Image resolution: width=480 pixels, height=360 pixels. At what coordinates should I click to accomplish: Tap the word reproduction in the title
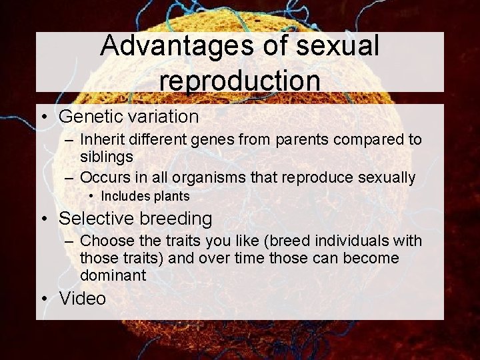coord(240,79)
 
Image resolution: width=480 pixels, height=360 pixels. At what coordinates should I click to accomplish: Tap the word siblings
coord(106,157)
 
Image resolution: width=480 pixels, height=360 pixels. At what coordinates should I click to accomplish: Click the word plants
coord(171,197)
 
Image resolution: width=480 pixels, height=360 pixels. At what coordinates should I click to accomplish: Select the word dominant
coord(113,275)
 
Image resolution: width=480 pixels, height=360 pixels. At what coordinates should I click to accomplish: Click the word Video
coord(83,298)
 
